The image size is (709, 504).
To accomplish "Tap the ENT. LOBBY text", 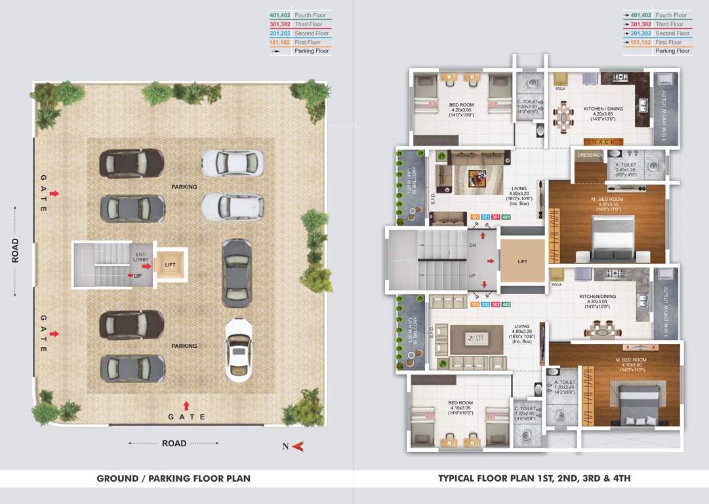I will (142, 257).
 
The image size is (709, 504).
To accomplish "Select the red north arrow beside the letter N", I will (298, 446).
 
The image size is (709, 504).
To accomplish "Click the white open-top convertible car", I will (239, 350).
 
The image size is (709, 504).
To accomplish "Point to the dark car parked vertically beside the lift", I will (237, 273).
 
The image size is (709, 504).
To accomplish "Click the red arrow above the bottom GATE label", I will (186, 406).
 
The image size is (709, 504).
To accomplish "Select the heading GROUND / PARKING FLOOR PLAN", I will (173, 478).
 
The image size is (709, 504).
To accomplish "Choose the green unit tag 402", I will (506, 304).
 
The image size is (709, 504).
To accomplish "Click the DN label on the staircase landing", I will (472, 245).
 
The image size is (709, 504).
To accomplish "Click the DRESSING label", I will (588, 155).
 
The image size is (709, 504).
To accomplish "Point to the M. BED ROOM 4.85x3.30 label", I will (606, 202).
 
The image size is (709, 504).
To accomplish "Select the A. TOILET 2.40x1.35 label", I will (626, 169).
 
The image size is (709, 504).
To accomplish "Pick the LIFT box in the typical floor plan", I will (523, 261).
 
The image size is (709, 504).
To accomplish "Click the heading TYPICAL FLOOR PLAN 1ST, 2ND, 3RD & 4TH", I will (535, 478).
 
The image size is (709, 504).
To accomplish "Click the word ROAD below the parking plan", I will (174, 444).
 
